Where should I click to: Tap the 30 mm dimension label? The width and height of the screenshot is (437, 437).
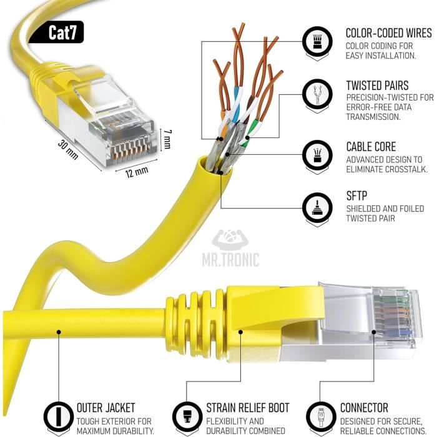(x=68, y=150)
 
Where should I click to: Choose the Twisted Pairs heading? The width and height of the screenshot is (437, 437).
(x=377, y=86)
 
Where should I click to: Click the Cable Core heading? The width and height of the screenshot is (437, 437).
(x=370, y=147)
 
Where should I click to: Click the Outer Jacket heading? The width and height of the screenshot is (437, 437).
(x=106, y=408)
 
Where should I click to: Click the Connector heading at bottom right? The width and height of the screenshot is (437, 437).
(x=364, y=408)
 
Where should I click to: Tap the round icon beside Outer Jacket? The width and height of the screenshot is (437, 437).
(x=58, y=416)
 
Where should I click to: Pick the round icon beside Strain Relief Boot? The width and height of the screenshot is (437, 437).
(x=187, y=416)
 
